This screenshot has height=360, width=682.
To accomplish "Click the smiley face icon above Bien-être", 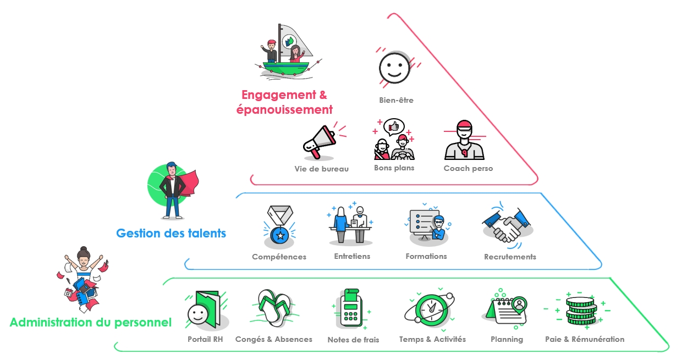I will tap(394, 68).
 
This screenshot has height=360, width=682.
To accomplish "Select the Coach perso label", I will tap(468, 168).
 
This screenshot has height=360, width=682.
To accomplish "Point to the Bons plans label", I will tap(394, 168).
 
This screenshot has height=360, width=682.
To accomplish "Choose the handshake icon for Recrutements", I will tap(508, 226).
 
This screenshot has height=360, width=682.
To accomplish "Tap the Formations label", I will tap(426, 256).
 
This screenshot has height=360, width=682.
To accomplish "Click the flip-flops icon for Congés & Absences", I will tap(274, 309).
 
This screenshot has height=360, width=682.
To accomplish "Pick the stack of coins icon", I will tap(581, 312).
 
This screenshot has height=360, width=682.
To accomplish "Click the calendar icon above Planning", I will tap(508, 310).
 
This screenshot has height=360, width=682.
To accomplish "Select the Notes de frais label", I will tap(353, 340).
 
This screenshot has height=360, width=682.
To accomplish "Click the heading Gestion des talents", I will tap(171, 233).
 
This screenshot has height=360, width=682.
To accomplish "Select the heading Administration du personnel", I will tap(91, 322).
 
